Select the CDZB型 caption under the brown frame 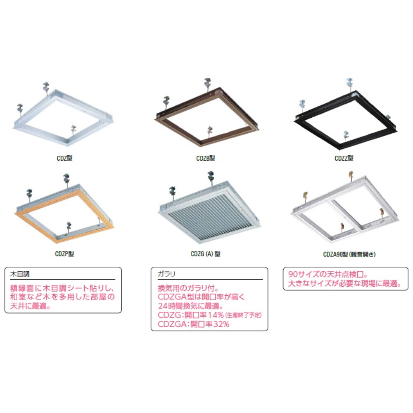(x=205, y=158)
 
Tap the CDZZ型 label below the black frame (x=344, y=158)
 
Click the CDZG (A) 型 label (x=206, y=254)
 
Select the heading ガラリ (x=166, y=274)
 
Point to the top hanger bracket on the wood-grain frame (x=66, y=180)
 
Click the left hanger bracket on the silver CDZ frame (x=20, y=109)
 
